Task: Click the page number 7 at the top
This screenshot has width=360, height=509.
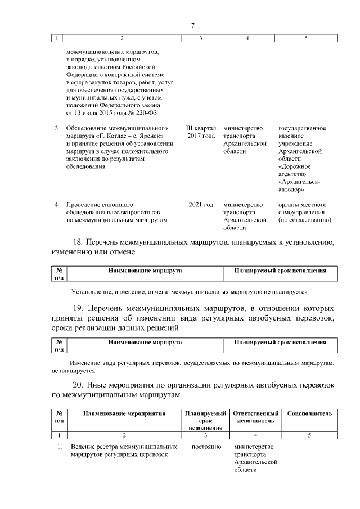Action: [192, 26]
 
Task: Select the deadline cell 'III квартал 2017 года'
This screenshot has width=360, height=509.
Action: [201, 132]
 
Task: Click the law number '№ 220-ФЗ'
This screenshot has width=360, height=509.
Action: [146, 112]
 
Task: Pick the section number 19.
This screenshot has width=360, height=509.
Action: [79, 308]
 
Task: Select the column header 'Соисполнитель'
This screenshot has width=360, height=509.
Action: [309, 413]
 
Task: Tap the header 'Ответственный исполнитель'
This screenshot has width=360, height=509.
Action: [255, 417]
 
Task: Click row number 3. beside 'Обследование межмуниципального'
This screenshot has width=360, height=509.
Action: [57, 128]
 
